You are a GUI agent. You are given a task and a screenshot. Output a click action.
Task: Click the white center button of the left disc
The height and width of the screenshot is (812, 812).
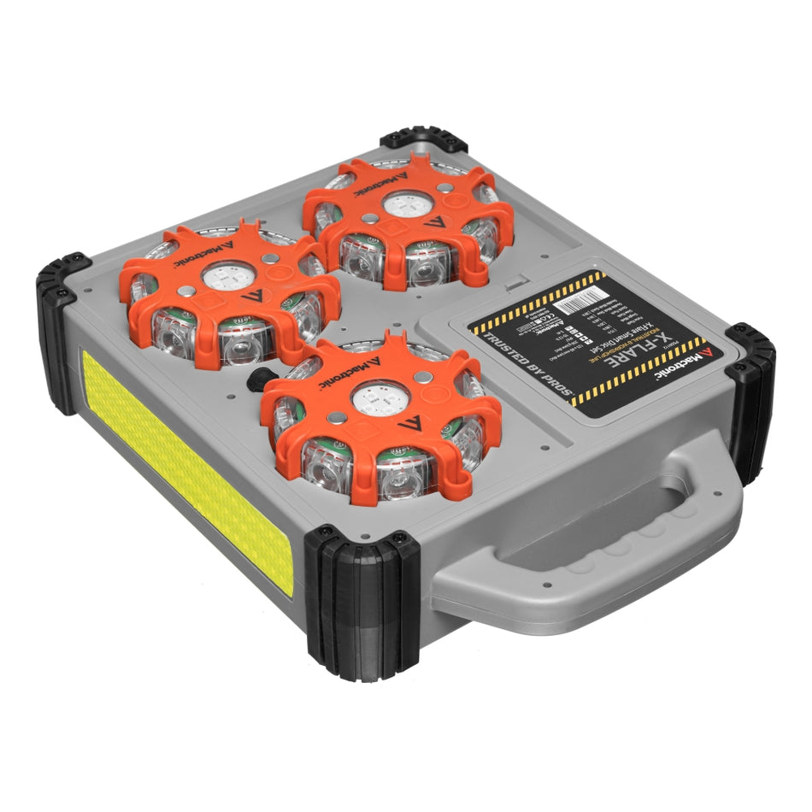pos(228,277)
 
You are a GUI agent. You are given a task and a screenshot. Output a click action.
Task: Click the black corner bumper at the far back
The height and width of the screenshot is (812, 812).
pos(411,142)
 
